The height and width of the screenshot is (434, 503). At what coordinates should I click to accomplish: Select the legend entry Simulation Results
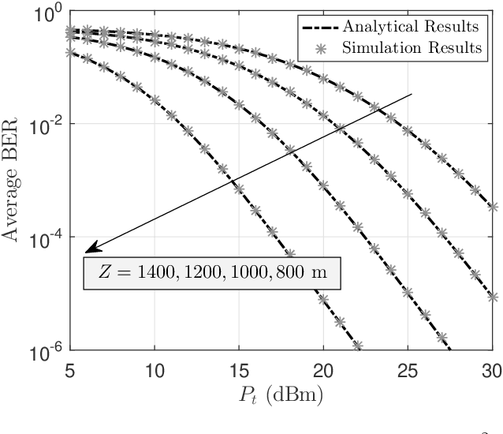tap(412, 47)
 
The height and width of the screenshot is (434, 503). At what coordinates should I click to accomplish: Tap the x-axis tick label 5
tap(70, 369)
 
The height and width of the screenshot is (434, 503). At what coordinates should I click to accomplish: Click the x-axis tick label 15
tap(239, 369)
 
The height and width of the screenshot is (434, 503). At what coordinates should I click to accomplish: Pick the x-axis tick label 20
tap(323, 369)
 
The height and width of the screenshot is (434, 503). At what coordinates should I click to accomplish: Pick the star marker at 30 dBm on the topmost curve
tap(493, 207)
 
